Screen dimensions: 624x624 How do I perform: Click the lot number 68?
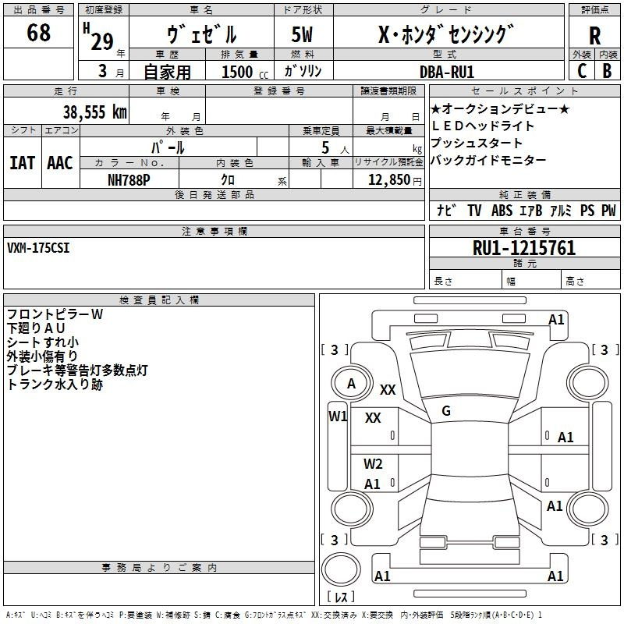(x=38, y=32)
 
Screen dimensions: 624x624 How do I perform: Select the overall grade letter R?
(x=594, y=36)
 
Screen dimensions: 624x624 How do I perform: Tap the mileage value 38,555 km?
(x=94, y=112)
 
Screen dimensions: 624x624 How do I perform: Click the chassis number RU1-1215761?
(x=524, y=248)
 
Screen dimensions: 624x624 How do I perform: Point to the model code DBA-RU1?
(x=447, y=72)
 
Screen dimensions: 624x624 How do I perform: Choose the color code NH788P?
(x=129, y=180)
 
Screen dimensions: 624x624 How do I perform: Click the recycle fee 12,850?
(x=388, y=180)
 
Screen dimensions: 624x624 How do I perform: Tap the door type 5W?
(x=302, y=34)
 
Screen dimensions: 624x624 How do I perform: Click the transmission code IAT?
(x=22, y=163)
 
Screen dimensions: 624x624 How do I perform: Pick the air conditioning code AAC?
(x=60, y=163)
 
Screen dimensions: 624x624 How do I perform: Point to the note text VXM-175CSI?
(x=38, y=248)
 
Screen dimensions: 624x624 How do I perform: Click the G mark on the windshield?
(x=446, y=411)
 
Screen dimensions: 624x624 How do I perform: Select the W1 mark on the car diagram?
(x=338, y=417)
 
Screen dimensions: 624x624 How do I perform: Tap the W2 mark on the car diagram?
(x=373, y=463)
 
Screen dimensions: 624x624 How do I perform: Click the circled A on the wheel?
(x=352, y=383)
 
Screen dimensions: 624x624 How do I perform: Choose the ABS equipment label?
(x=502, y=211)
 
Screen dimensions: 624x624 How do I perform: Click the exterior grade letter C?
(x=582, y=71)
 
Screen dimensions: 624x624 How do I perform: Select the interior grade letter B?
(x=608, y=71)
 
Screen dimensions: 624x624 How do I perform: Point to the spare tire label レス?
(x=341, y=597)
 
